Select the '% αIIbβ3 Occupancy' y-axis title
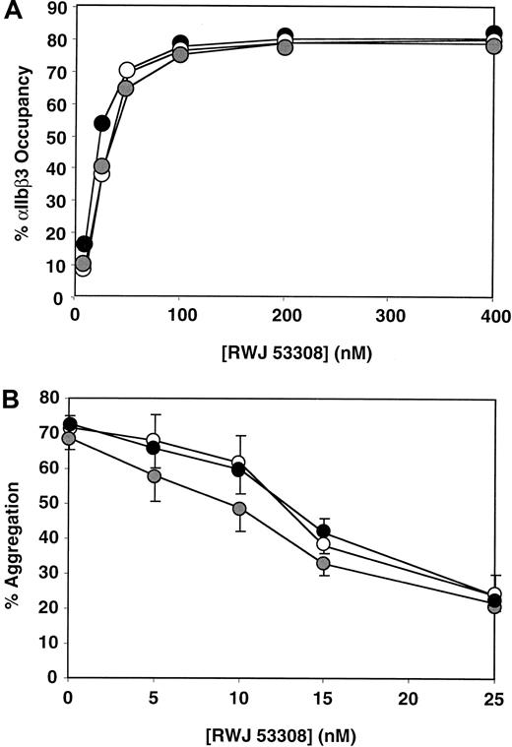(17, 153)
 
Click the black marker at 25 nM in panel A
(102, 124)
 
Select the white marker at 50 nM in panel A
(127, 71)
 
